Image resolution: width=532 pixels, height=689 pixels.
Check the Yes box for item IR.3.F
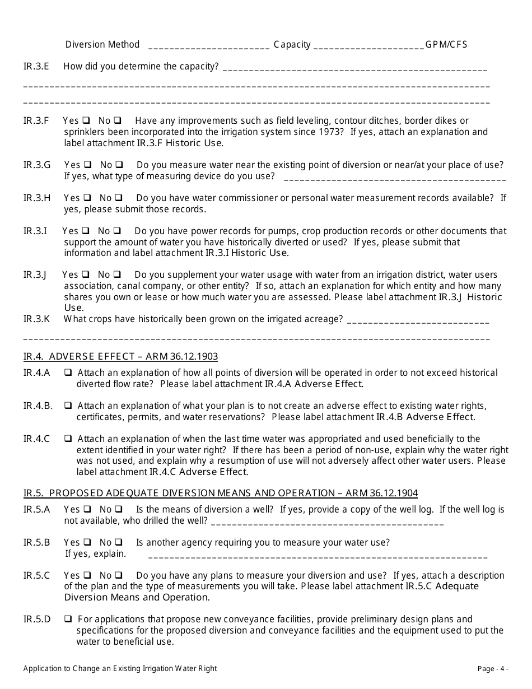86,120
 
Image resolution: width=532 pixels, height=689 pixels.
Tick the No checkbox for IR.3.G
119,165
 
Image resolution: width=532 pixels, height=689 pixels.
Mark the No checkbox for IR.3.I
118,231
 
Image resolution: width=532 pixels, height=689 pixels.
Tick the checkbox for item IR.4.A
68,373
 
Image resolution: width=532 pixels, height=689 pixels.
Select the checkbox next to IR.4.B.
68,406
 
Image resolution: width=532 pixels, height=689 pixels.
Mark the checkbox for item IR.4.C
68,439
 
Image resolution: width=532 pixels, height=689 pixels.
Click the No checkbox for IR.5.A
119,510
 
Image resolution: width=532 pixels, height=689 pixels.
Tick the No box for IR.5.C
119,576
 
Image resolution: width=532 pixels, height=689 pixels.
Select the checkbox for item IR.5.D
68,620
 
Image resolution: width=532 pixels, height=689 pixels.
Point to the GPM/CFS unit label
446,45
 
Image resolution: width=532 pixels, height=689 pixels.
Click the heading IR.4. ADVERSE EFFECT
120,357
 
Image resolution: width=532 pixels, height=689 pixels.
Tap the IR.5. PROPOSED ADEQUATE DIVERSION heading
220,494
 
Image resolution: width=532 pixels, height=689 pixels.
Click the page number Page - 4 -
493,668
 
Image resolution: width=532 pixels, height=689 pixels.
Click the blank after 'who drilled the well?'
328,523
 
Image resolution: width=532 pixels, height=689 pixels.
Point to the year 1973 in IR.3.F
333,132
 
